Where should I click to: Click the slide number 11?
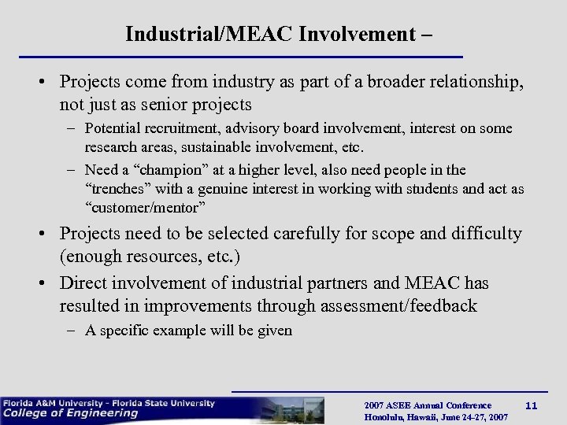[x=532, y=405]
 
